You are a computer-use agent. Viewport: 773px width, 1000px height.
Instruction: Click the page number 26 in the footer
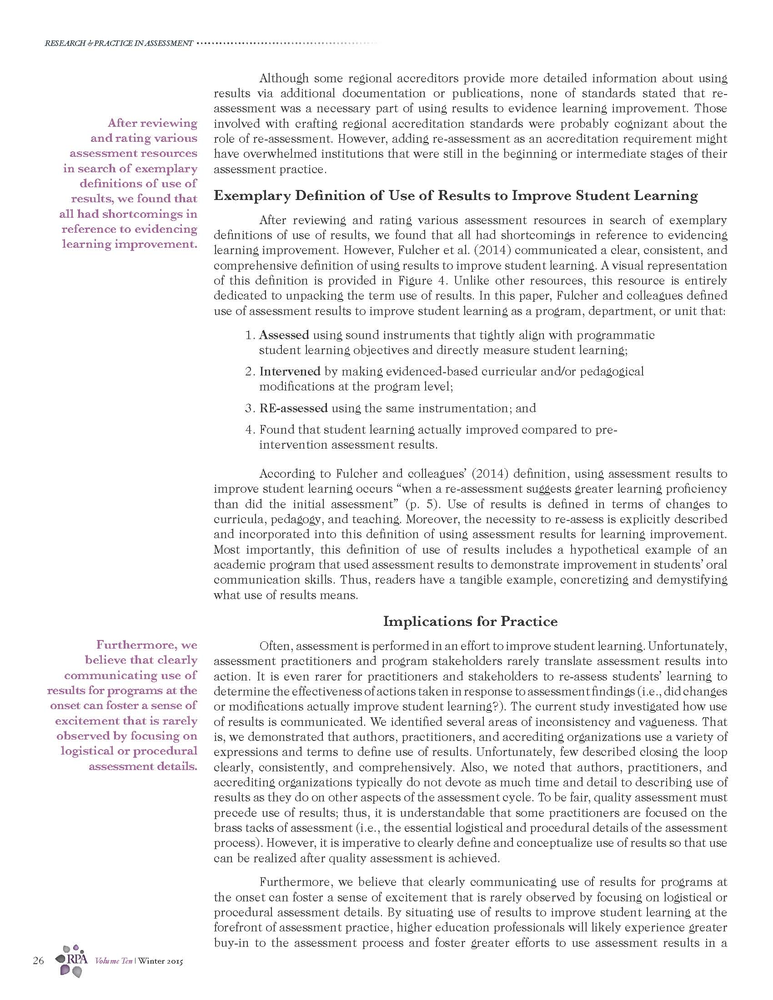point(38,960)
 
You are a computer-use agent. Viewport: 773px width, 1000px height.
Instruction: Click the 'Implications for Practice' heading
point(470,621)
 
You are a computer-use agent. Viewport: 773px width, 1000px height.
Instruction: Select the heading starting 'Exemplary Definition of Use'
point(456,196)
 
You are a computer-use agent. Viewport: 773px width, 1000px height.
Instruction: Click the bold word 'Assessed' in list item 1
point(284,335)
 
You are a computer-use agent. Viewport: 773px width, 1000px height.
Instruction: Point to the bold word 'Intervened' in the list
point(289,371)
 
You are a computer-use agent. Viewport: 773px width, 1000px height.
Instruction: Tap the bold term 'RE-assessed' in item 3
point(293,408)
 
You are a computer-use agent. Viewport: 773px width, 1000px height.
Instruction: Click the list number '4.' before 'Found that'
point(250,430)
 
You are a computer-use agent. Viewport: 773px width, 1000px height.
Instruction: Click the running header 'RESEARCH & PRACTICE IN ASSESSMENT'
point(119,44)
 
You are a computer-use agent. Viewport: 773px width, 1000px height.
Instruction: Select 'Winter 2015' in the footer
point(160,961)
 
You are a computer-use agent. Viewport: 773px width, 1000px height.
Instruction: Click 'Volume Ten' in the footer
point(113,961)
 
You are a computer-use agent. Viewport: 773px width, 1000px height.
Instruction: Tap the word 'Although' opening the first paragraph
point(284,78)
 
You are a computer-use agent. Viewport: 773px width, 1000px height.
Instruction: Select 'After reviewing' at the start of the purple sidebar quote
point(152,123)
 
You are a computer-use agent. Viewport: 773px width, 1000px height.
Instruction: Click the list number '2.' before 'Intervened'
point(250,371)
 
